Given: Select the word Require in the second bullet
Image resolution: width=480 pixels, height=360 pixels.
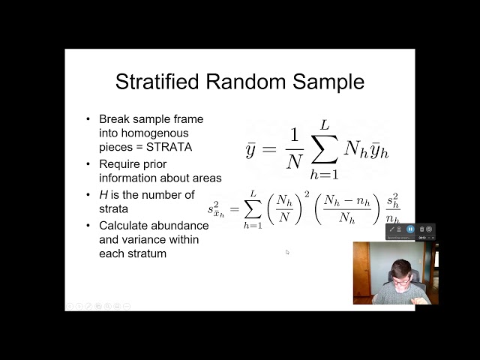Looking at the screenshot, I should pyautogui.click(x=121, y=163).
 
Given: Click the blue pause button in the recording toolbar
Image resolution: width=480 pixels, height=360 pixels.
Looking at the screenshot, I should pyautogui.click(x=411, y=229).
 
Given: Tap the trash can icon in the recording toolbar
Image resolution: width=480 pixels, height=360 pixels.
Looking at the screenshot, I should pyautogui.click(x=421, y=229).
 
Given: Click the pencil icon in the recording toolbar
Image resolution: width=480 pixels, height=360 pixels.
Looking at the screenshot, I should pyautogui.click(x=391, y=229).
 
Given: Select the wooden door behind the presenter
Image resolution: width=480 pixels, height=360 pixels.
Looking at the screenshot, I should pyautogui.click(x=361, y=270).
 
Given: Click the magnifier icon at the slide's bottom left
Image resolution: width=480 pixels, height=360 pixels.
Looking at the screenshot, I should pyautogui.click(x=107, y=306).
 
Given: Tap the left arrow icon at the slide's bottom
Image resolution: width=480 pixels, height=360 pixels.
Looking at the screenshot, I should pyautogui.click(x=70, y=306).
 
